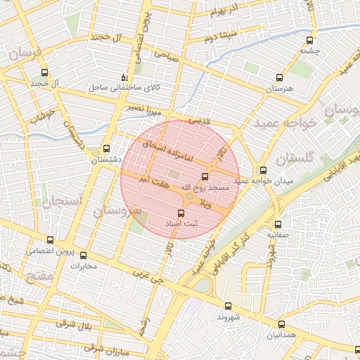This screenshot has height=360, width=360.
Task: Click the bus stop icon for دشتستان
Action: click(x=106, y=148)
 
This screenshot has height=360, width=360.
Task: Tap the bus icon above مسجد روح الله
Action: click(x=205, y=176)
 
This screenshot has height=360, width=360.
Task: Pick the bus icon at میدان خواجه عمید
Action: click(x=263, y=169)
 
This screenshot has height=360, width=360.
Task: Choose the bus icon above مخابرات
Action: click(x=84, y=255)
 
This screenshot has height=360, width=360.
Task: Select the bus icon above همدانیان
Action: click(x=282, y=324)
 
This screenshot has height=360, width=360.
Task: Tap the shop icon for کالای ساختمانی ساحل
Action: click(x=124, y=77)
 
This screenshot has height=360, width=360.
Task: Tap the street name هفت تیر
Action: click(x=154, y=181)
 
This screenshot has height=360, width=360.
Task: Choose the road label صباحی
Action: click(x=167, y=53)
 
